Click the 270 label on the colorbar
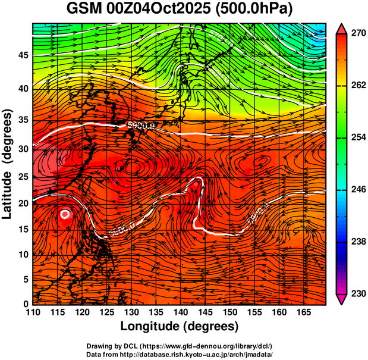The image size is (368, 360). pos(357,34)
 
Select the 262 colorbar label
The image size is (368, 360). pos(357,86)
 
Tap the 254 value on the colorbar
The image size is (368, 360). pos(357,137)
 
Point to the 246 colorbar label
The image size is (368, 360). pos(357,190)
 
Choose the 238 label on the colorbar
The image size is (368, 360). pos(357,242)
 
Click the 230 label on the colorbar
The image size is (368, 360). pos(357,293)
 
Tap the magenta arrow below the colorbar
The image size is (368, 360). pos(341,299)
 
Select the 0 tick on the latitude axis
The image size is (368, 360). pos(26,304)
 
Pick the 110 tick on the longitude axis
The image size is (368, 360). pos(33,312)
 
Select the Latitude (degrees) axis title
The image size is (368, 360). pos(8,164)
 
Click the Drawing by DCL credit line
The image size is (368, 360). pos(180,346)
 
